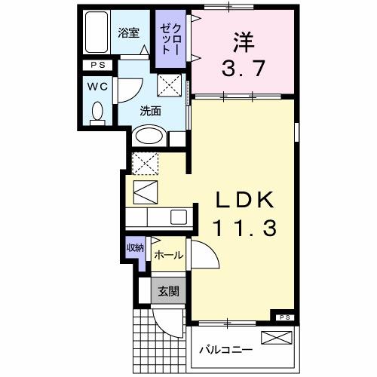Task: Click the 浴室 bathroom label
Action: click(x=128, y=33)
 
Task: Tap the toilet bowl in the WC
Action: click(x=97, y=114)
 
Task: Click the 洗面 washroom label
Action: click(x=151, y=110)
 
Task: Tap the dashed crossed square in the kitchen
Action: click(x=144, y=162)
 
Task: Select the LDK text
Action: click(x=244, y=198)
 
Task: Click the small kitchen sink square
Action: click(x=178, y=217)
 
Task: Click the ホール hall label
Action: click(x=167, y=255)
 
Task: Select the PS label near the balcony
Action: click(x=284, y=317)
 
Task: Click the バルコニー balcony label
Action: click(x=226, y=350)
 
